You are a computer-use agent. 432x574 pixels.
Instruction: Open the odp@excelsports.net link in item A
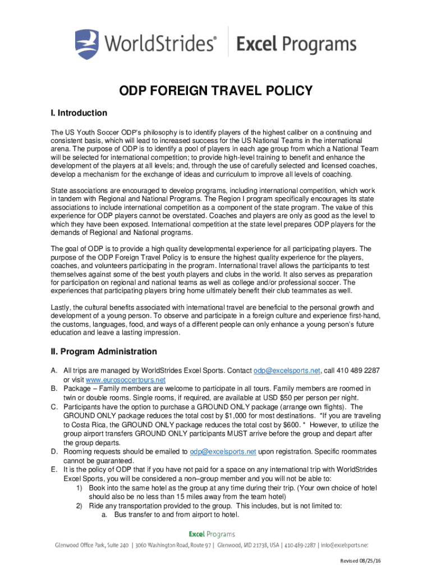click(x=287, y=371)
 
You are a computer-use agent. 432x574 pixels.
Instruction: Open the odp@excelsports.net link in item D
click(x=223, y=451)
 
